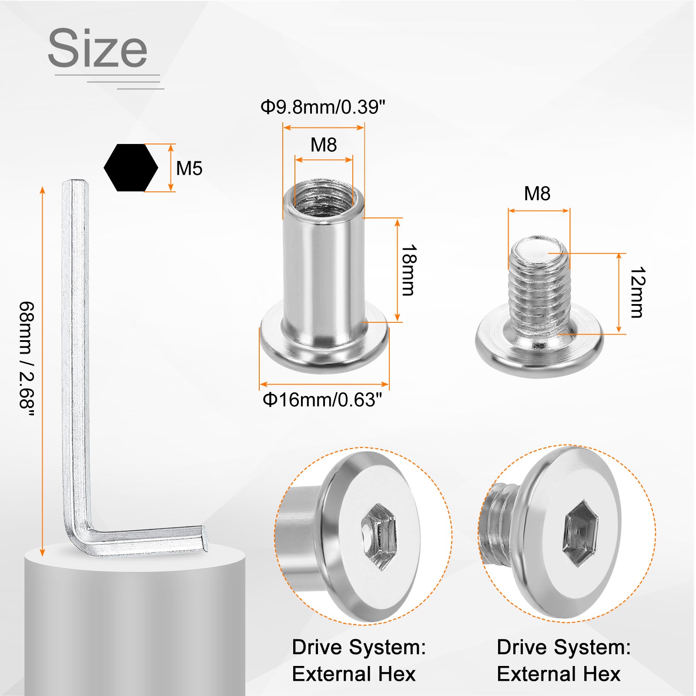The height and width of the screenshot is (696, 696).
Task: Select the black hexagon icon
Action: tap(131, 167)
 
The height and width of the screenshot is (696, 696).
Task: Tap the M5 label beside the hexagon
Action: tap(189, 168)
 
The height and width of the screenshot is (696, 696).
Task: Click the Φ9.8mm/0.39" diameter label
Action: tap(323, 107)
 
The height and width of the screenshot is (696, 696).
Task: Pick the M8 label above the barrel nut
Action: tap(324, 145)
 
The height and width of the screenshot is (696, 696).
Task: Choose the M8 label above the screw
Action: tap(537, 194)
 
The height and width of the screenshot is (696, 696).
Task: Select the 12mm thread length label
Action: tap(637, 292)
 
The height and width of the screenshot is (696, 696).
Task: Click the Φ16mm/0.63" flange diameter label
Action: tap(322, 400)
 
